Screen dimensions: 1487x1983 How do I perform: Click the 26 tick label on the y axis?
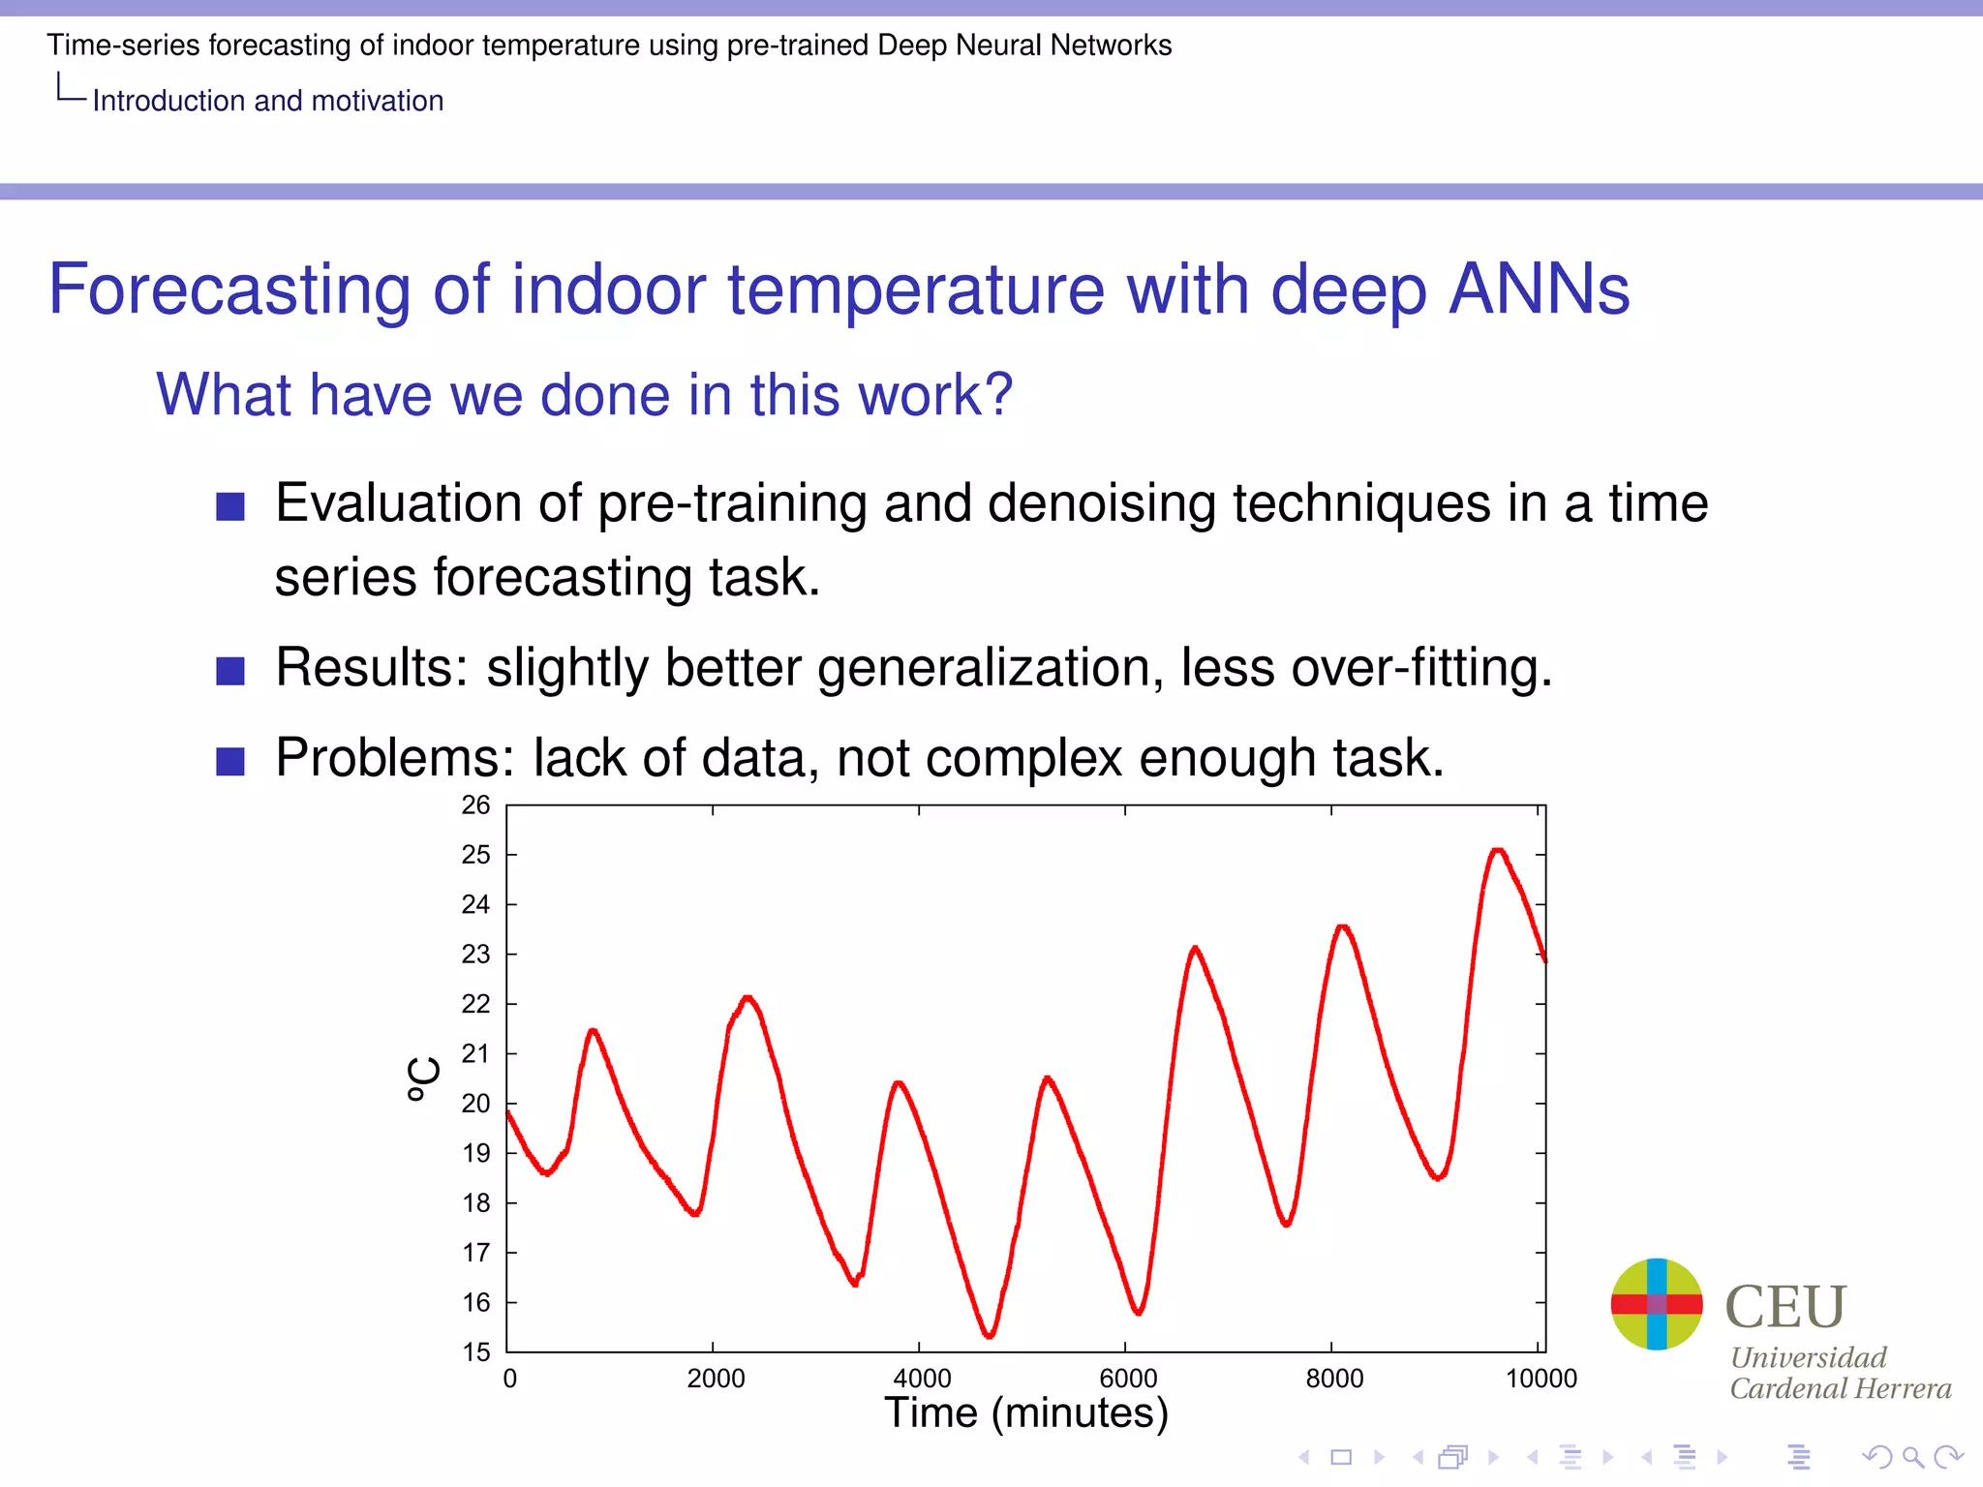[475, 805]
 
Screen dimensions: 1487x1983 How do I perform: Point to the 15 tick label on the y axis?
[475, 1351]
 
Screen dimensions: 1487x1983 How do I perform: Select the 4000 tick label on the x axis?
[921, 1379]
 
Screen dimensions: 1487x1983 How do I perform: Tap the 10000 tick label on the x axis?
[1541, 1379]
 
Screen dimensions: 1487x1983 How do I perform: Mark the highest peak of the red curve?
[1498, 850]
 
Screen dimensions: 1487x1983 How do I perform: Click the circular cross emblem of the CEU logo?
[1656, 1304]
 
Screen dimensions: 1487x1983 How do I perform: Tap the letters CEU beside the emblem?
[1785, 1307]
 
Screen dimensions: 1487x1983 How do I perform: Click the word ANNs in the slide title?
[1540, 289]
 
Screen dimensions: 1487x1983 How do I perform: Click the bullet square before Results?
[230, 671]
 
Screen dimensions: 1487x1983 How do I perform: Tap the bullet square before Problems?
[230, 761]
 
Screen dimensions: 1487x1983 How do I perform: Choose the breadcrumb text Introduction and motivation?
[267, 101]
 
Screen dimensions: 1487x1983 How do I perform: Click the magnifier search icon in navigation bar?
[1912, 1457]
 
